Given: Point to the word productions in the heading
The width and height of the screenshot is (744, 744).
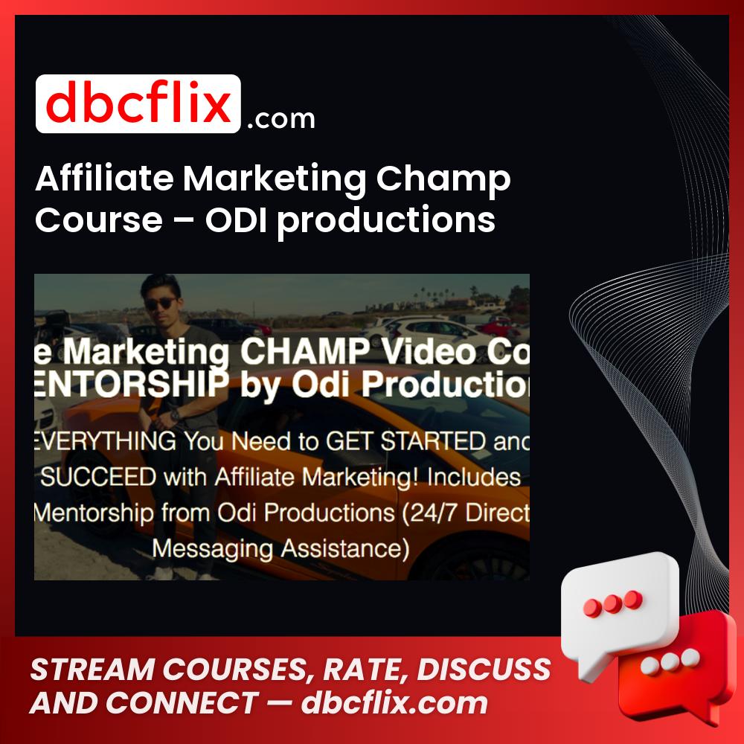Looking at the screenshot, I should [x=387, y=221].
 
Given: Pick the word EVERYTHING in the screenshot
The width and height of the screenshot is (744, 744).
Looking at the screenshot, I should [x=100, y=441].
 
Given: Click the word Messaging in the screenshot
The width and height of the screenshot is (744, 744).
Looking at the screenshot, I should [x=215, y=548].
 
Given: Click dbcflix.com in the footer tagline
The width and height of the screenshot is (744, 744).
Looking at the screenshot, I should [x=394, y=703].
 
